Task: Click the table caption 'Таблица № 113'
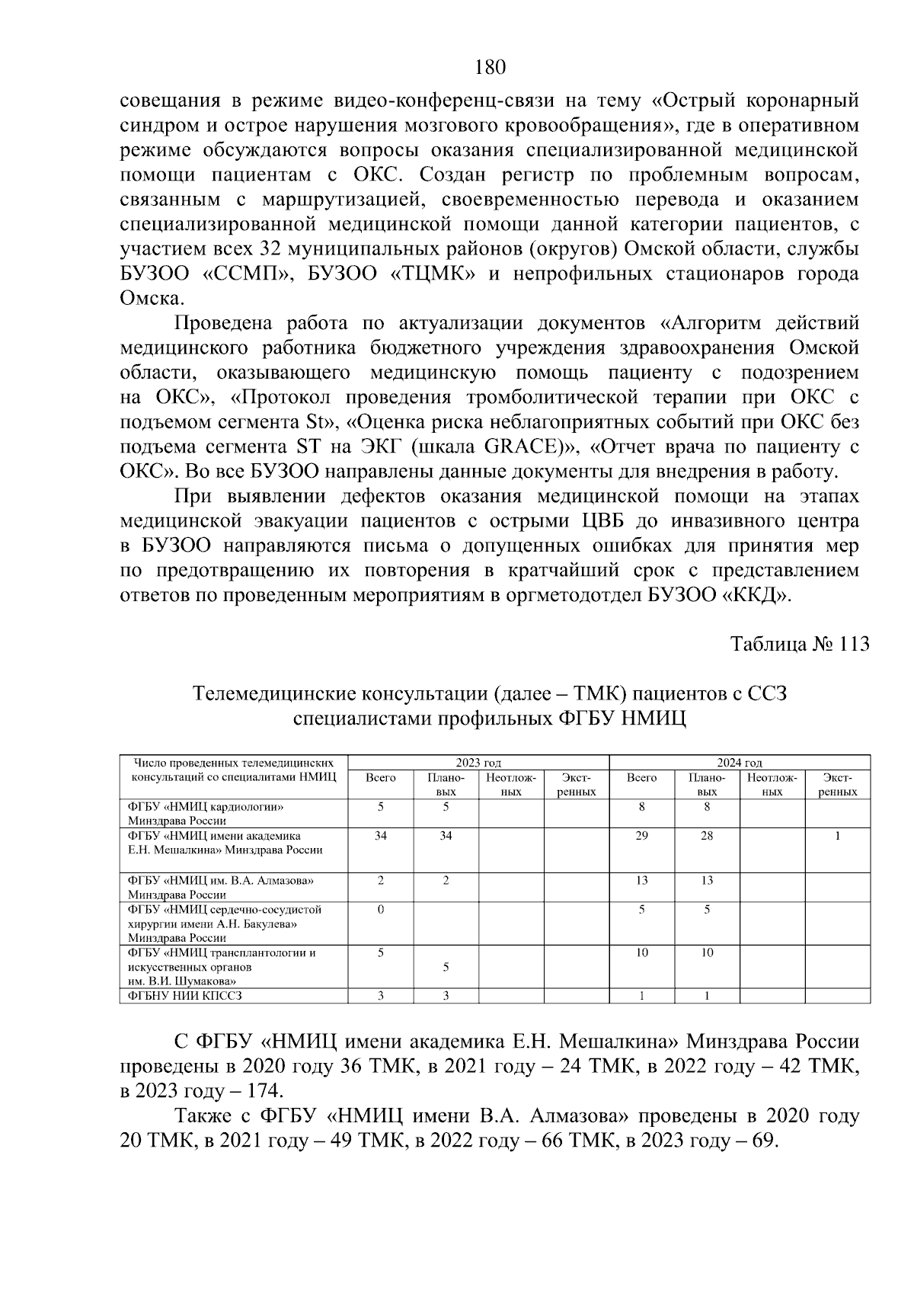click(x=800, y=644)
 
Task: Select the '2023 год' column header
click(x=478, y=763)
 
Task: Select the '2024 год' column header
click(x=740, y=763)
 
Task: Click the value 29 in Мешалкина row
click(x=642, y=836)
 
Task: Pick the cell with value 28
click(x=707, y=836)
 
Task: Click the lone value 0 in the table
click(x=381, y=909)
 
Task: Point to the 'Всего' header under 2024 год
click(x=642, y=778)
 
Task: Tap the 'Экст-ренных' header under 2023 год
click(x=576, y=785)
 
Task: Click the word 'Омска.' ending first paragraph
click(x=152, y=299)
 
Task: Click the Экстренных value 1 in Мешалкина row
click(x=838, y=836)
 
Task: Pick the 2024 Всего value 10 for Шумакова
click(x=642, y=952)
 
